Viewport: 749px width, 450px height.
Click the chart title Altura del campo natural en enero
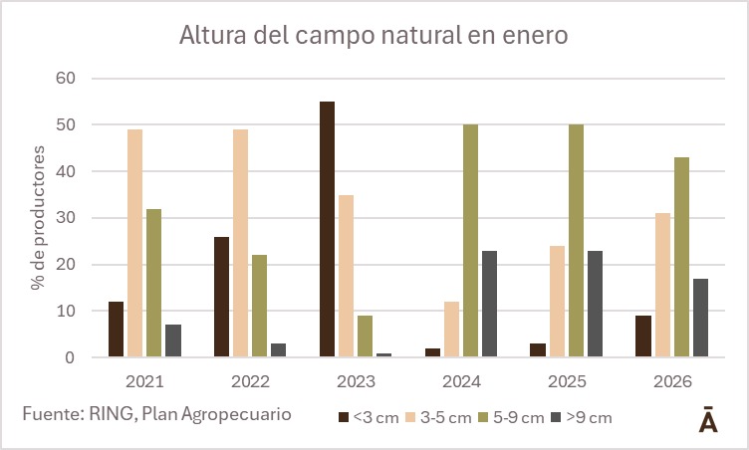coord(374,36)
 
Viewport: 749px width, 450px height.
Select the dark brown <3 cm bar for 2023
coord(328,229)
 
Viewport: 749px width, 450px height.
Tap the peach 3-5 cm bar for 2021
coord(134,243)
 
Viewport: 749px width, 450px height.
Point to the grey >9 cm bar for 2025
coord(595,304)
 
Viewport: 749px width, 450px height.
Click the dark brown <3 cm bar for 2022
coord(222,297)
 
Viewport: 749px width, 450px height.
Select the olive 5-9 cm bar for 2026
coord(681,257)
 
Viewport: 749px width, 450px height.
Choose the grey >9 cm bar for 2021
coord(173,340)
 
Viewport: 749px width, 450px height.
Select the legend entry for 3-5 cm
coord(437,418)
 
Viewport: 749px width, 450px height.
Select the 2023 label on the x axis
coord(357,382)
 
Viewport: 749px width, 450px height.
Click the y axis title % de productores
coord(38,217)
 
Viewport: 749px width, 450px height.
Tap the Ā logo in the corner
coord(708,418)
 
